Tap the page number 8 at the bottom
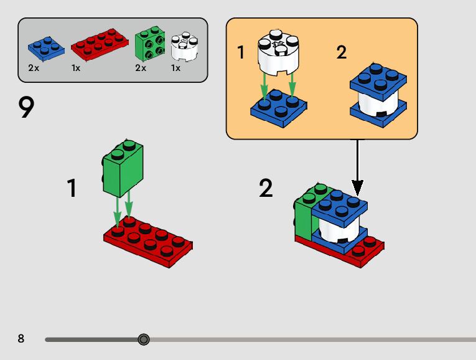tap(21, 339)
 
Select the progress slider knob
tap(144, 339)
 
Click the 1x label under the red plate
tap(76, 68)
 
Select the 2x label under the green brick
tap(141, 68)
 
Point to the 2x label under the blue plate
tap(34, 68)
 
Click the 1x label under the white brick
tap(176, 68)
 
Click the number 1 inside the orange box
tap(241, 53)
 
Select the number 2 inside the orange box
tap(341, 53)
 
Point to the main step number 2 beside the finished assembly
tap(266, 189)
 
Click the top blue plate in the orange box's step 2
tap(379, 82)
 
